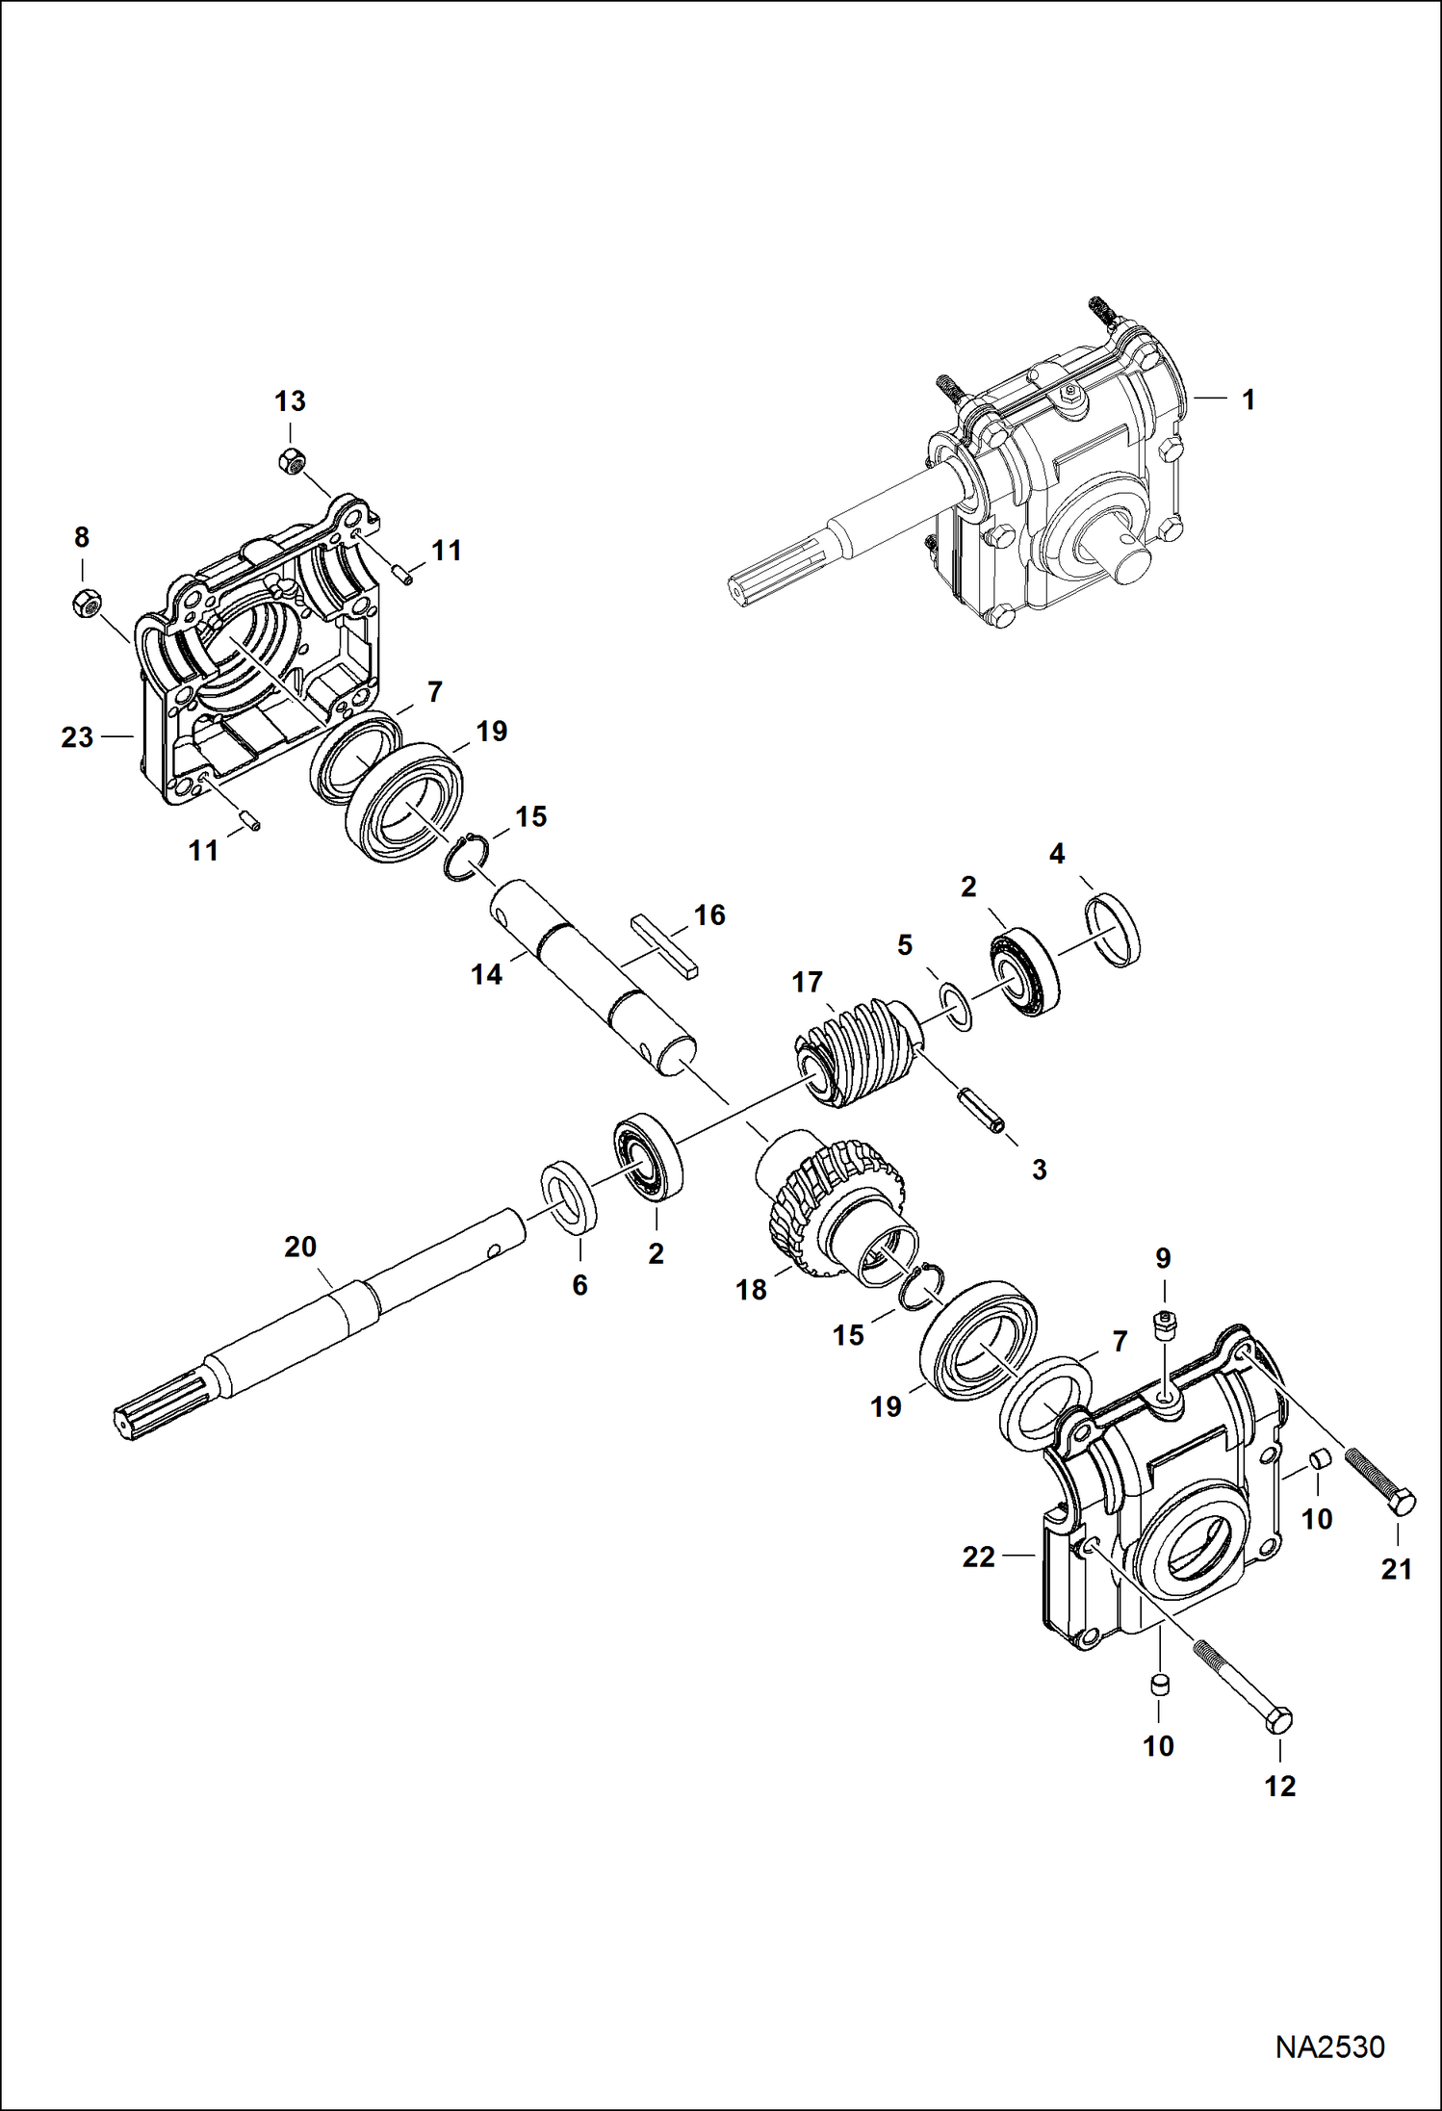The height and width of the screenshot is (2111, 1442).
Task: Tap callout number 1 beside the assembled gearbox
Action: [x=1249, y=399]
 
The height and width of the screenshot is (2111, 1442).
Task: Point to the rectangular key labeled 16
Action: [x=664, y=948]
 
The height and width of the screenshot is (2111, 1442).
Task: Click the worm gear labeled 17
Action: [x=855, y=1052]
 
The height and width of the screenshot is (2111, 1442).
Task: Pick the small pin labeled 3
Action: [x=982, y=1111]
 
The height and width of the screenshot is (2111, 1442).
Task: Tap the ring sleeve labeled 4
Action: [x=1114, y=929]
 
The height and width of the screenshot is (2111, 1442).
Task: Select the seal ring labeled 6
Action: [x=569, y=1197]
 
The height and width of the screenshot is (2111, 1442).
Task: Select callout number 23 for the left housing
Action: [x=77, y=737]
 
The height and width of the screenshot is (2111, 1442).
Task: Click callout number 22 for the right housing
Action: [x=978, y=1557]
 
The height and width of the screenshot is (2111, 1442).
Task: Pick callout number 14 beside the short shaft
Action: [x=486, y=975]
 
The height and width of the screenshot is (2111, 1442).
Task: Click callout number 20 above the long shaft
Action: [x=300, y=1247]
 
